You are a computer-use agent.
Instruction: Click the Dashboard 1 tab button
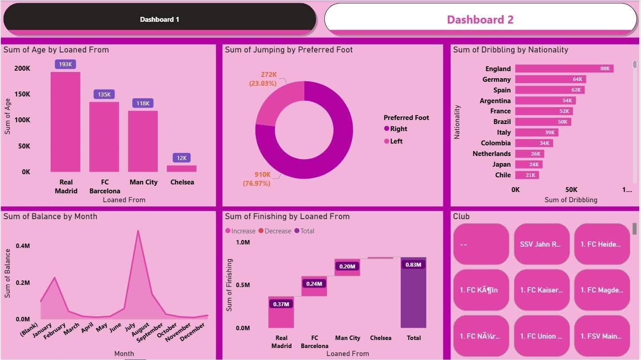(159, 20)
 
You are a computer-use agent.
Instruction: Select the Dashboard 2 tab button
(480, 20)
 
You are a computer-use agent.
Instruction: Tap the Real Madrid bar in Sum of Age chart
(65, 122)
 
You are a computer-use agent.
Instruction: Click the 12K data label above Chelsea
(181, 158)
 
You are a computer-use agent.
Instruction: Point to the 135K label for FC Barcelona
(104, 94)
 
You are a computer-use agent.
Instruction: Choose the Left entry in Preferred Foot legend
(396, 141)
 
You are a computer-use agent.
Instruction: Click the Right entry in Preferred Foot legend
(398, 129)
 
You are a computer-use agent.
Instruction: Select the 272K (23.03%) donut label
(263, 79)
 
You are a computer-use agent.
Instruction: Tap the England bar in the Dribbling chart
(564, 68)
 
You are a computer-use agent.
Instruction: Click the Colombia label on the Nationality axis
(496, 143)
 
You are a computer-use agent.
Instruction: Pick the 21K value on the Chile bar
(530, 175)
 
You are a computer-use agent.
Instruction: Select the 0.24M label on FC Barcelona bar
(314, 284)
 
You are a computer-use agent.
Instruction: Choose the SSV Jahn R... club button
(541, 244)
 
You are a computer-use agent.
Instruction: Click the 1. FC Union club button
(541, 336)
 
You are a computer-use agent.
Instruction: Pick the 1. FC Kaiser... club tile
(541, 290)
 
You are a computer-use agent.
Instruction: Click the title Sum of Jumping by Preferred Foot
(289, 50)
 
